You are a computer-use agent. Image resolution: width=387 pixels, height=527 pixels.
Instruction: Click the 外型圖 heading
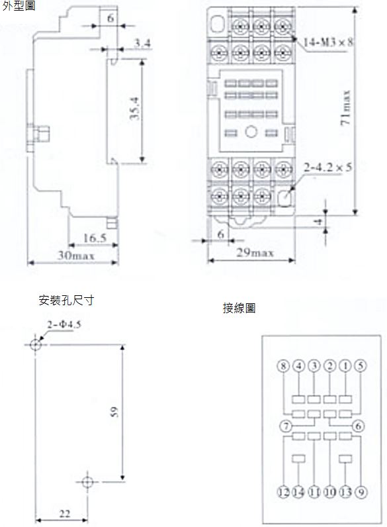coord(19,6)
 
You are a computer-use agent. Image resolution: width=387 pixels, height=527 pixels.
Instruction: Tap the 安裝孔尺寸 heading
coord(66,300)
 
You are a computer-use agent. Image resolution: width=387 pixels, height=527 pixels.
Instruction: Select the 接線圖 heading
coord(239,308)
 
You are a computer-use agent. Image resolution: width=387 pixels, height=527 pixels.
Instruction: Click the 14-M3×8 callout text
coord(328,42)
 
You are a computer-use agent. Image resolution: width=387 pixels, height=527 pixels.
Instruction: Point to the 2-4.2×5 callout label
coord(328,167)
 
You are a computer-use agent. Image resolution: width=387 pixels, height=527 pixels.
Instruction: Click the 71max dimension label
coord(346,107)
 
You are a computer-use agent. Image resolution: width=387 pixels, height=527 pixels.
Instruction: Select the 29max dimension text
coord(255,253)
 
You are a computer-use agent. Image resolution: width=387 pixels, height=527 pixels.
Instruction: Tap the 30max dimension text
coord(76,256)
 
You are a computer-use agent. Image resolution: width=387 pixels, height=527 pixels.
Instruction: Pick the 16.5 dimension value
coord(95,238)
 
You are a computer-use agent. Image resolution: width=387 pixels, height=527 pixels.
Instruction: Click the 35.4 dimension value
coord(134,108)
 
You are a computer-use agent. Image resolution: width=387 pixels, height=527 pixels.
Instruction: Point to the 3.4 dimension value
coord(142,43)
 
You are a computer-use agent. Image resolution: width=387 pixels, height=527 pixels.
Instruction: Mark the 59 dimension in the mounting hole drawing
coord(114,412)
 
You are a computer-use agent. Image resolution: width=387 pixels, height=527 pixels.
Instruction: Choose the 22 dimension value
coord(65,514)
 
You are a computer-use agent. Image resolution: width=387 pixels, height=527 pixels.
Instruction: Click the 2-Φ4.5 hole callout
coord(64,324)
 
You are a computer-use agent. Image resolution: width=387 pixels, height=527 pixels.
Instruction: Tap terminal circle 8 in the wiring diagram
coord(283,365)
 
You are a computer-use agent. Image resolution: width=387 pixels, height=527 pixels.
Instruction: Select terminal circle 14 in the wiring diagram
coord(298,493)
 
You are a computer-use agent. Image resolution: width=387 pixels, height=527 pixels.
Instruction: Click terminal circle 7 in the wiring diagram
coord(286,426)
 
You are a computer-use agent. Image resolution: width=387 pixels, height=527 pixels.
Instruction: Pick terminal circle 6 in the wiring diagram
coord(358,426)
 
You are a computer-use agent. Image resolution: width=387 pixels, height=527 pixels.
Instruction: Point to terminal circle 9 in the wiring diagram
coord(361,493)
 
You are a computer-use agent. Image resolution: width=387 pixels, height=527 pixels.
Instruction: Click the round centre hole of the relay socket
coord(251,132)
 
